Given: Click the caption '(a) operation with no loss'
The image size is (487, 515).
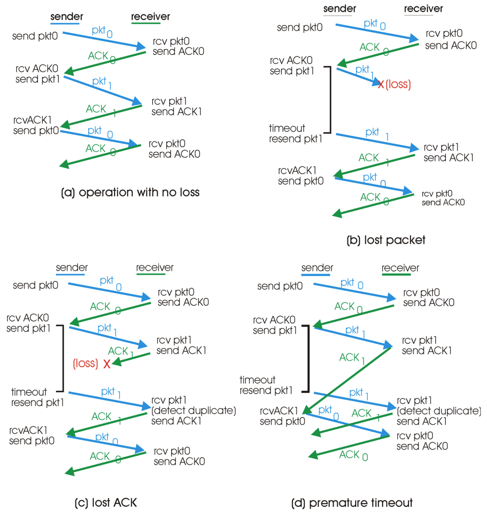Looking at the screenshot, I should point(130,193).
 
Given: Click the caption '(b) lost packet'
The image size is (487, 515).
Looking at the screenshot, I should point(386,240).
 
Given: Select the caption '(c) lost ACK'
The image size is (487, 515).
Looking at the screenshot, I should point(106,503).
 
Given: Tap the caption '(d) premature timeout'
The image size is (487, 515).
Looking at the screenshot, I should point(352,503).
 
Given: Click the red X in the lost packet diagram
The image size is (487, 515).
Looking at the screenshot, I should point(381,85).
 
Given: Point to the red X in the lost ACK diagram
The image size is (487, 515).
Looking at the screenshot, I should point(107,364).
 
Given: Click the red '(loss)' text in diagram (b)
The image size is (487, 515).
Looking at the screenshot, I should point(398,85).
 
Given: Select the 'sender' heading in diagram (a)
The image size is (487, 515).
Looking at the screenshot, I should point(67,16).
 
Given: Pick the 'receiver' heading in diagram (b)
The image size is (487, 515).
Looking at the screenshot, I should point(423,9).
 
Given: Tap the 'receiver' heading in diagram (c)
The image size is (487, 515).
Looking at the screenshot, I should point(155,267).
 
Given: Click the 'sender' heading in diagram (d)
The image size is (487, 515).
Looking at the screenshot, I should point(317,268).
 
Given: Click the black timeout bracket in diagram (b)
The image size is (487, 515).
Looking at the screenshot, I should point(330,100).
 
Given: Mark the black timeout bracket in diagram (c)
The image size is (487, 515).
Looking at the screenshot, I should point(63,358).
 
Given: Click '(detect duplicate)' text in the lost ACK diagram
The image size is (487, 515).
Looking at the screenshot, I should point(194,411).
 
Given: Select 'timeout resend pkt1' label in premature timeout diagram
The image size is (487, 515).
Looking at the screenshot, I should point(266,385).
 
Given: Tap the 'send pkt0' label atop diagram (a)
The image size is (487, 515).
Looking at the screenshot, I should point(35,36).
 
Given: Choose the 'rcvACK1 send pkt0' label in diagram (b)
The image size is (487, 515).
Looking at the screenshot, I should point(301,176).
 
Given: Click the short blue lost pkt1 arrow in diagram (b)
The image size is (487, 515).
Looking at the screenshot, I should point(357,76).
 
